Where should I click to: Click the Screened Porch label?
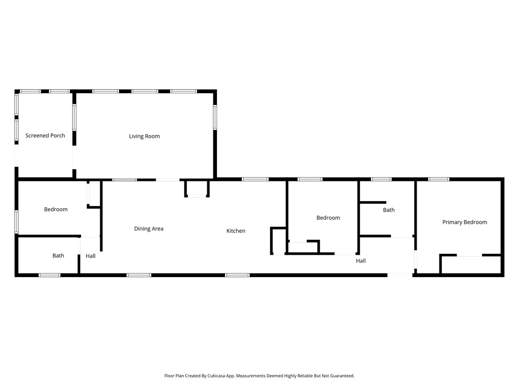coord(45,136)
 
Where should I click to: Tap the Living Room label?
coord(144,136)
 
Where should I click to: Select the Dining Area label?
coord(149,229)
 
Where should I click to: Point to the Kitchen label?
coord(236,231)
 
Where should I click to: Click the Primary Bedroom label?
coord(464,222)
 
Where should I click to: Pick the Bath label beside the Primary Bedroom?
coord(389,210)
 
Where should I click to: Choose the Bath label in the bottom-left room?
coord(58,256)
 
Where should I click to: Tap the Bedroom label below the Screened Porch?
coord(56,210)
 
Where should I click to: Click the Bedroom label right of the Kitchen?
coord(328,218)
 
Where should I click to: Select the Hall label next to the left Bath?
coord(90,256)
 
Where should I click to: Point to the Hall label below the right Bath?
coord(361,261)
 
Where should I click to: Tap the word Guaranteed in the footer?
coord(341,376)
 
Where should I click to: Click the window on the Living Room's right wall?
coord(215,116)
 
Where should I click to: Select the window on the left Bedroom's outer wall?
coord(17,222)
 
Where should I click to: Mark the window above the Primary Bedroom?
coord(438,179)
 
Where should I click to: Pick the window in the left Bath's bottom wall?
coord(50,275)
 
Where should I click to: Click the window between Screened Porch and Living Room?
coord(74,118)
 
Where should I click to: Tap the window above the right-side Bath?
coord(381,179)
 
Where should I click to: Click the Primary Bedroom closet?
coord(470,265)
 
